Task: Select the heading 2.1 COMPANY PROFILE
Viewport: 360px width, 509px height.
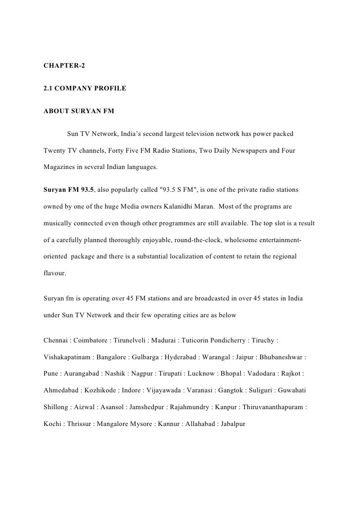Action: coord(78,88)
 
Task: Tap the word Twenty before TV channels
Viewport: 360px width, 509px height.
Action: coord(56,150)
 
